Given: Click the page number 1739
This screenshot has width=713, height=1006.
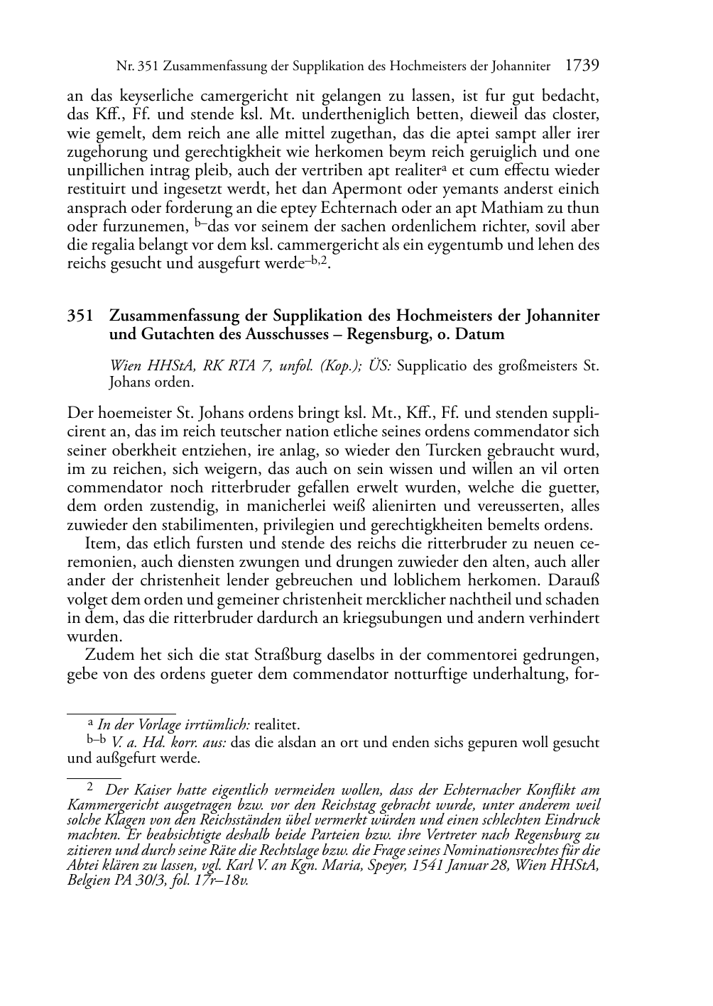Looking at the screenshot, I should [582, 66].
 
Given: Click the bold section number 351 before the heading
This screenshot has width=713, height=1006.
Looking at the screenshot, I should [82, 316].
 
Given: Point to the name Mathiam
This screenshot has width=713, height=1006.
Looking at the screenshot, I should [520, 209].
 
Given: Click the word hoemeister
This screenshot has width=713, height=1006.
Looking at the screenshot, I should [130, 413].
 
